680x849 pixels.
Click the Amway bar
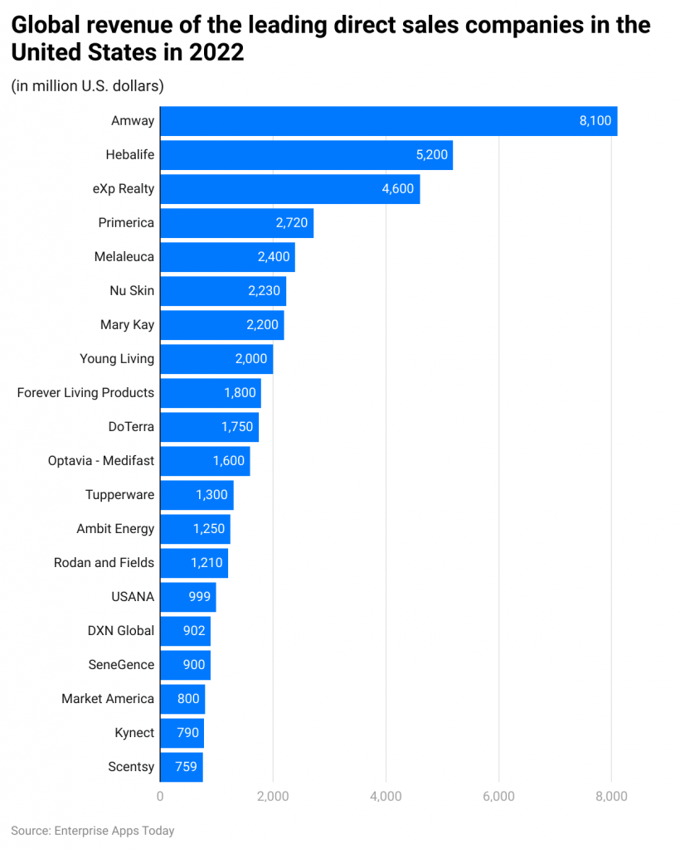pyautogui.click(x=388, y=121)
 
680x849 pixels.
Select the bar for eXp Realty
pyautogui.click(x=289, y=189)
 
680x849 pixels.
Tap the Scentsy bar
pyautogui.click(x=181, y=767)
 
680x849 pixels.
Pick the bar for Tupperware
pyautogui.click(x=197, y=495)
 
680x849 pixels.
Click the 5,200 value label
pyautogui.click(x=430, y=155)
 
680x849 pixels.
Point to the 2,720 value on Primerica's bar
pyautogui.click(x=291, y=223)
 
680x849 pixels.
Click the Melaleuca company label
pyautogui.click(x=124, y=257)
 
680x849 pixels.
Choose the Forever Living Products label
pyautogui.click(x=85, y=393)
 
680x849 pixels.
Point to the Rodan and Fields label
pyautogui.click(x=104, y=563)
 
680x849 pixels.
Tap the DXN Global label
pyautogui.click(x=121, y=631)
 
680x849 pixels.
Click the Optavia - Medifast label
pyautogui.click(x=101, y=461)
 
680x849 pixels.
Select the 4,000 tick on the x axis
pyautogui.click(x=386, y=797)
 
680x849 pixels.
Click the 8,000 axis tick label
pyautogui.click(x=611, y=797)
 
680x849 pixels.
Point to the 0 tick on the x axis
pyautogui.click(x=160, y=797)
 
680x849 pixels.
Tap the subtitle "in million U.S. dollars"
pyautogui.click(x=87, y=85)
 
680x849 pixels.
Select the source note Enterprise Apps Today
pyautogui.click(x=93, y=830)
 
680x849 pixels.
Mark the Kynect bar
pyautogui.click(x=182, y=733)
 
